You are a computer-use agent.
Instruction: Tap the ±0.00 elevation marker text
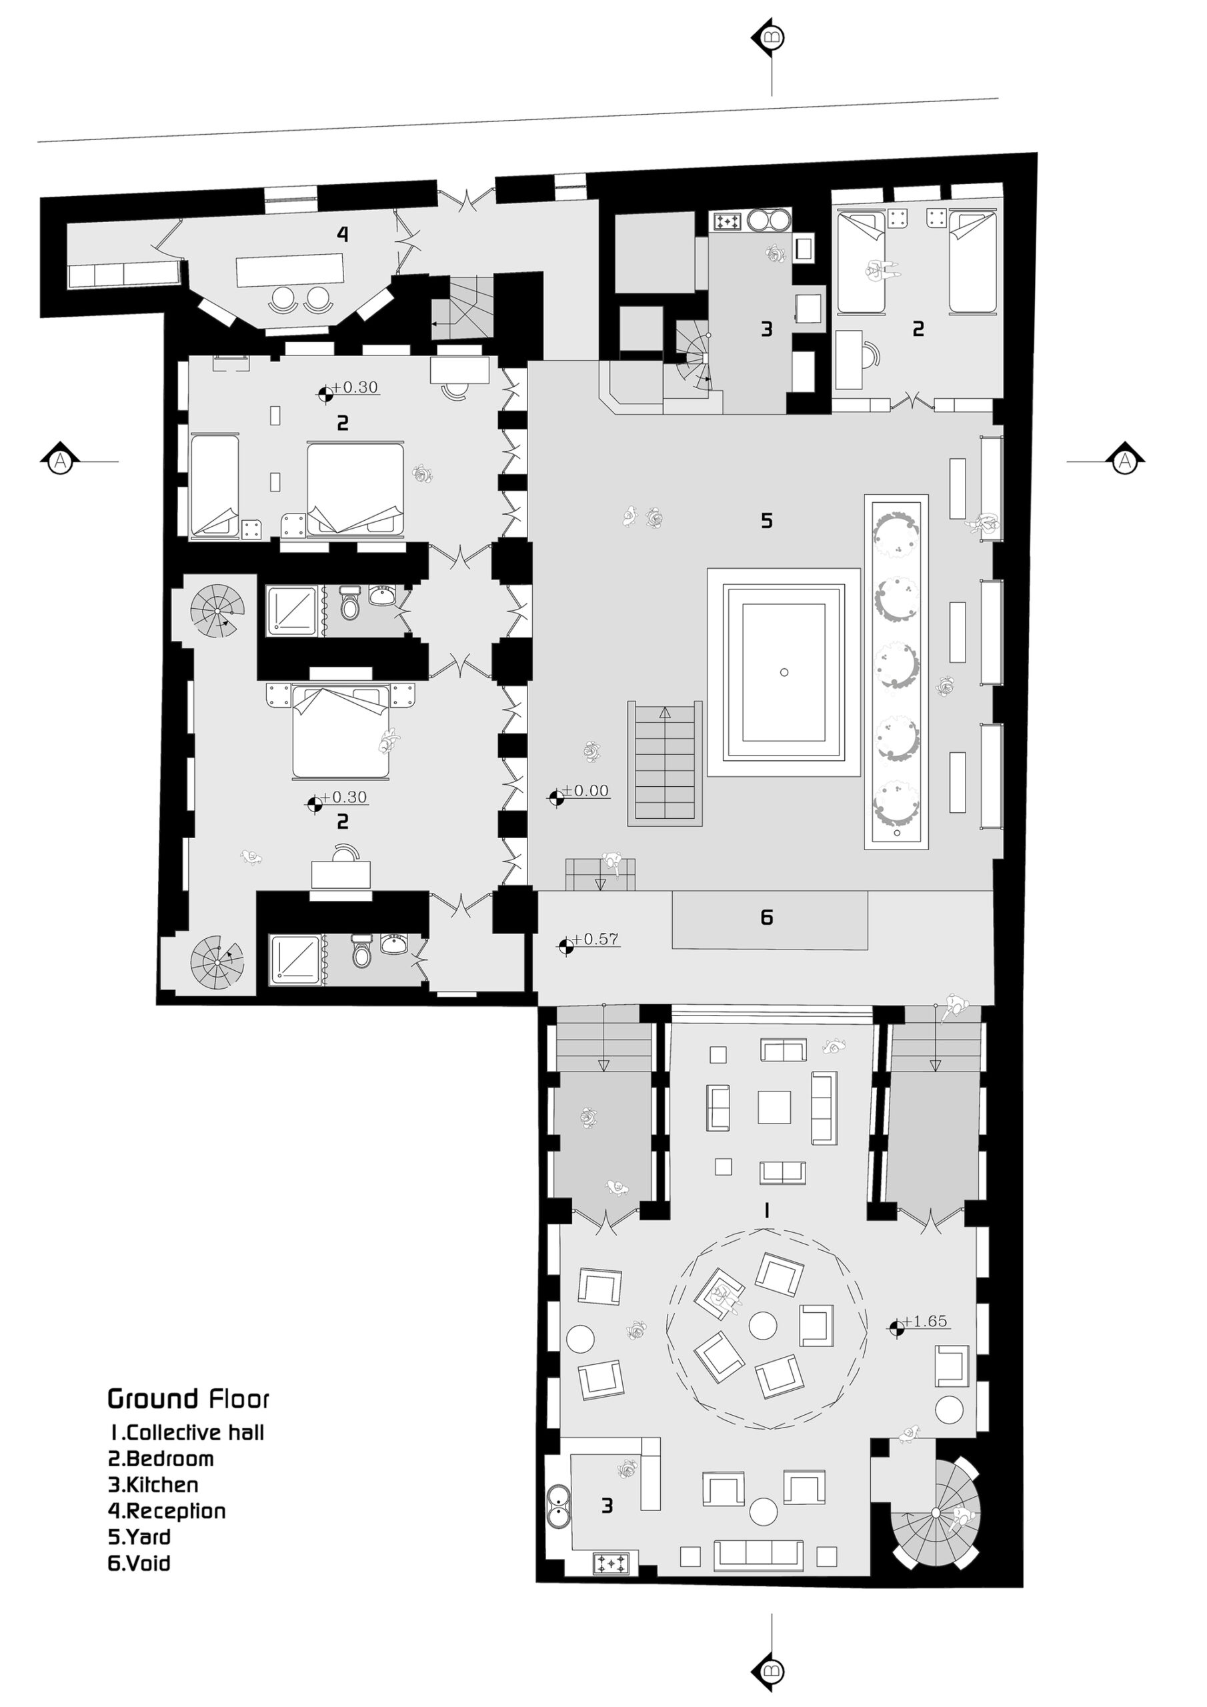tap(585, 791)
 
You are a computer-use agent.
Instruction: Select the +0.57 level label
tap(595, 939)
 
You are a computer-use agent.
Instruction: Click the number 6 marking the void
tap(767, 918)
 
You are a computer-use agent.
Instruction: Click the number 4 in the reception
tap(342, 234)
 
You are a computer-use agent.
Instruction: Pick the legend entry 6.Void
tap(139, 1563)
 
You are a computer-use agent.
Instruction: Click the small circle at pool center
tap(784, 672)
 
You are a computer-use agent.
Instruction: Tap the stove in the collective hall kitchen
tap(612, 1564)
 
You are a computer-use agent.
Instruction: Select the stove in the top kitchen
tap(727, 221)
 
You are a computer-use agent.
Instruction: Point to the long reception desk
tap(290, 270)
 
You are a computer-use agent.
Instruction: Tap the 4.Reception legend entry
tap(167, 1511)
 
